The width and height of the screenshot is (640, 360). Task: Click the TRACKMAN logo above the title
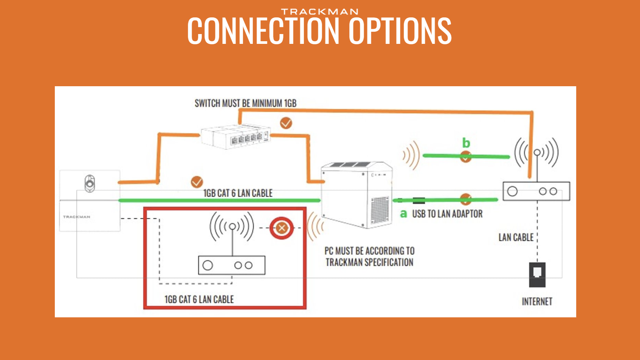319,12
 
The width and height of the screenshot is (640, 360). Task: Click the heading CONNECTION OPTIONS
319,31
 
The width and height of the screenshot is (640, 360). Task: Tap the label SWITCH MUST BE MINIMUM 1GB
245,103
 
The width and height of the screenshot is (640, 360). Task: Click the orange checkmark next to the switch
286,123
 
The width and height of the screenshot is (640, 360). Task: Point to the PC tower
357,194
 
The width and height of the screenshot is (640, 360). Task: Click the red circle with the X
282,228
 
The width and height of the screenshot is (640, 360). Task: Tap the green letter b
466,143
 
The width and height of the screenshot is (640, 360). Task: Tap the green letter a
403,214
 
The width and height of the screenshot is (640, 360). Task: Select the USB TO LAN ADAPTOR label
447,214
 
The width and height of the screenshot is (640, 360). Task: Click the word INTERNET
537,302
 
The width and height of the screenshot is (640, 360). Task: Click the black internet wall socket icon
537,275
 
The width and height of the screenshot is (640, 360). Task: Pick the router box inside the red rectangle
231,265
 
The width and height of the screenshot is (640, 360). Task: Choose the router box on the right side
536,191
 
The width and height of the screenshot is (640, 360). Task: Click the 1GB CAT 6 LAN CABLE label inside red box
199,299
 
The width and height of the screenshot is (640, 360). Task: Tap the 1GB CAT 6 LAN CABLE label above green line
238,193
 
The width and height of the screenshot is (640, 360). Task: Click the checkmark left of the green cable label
197,182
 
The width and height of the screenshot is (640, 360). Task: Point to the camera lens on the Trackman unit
90,184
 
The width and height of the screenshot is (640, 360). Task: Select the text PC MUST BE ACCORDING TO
369,251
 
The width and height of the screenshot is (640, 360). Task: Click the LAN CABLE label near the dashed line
516,237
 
